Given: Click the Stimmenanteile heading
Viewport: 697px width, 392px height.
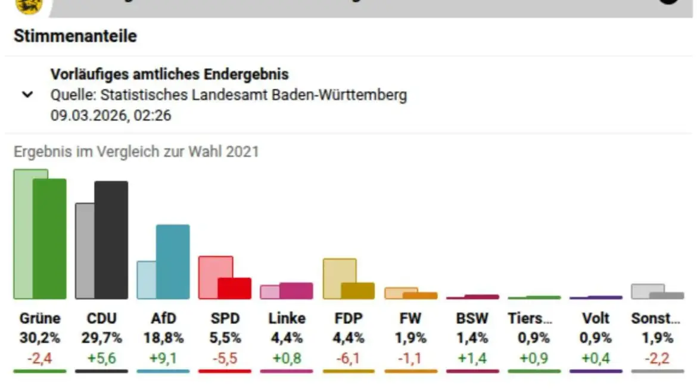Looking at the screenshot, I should [x=75, y=36].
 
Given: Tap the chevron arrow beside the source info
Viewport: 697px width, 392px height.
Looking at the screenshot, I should [x=27, y=95].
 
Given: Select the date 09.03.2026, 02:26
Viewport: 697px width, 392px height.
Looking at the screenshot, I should [x=111, y=115].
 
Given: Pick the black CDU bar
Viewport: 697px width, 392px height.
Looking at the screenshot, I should [x=111, y=239].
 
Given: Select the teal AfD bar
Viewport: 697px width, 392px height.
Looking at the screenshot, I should [x=173, y=262].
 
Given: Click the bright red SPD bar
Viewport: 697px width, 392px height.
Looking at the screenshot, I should [x=235, y=288].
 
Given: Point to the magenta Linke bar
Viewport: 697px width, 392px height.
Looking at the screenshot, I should [x=296, y=291].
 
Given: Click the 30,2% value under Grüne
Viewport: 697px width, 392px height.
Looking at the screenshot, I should [x=40, y=338].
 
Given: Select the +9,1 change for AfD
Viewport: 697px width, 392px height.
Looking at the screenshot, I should [x=163, y=358].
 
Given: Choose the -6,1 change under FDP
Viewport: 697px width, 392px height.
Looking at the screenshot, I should [x=348, y=358].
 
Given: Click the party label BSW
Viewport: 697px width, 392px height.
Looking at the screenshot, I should [x=472, y=318].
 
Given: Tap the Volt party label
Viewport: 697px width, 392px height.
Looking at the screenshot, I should [x=595, y=318].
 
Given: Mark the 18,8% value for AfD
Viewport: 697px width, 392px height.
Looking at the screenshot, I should [x=163, y=338].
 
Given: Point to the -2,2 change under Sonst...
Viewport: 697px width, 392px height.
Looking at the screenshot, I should [x=657, y=358].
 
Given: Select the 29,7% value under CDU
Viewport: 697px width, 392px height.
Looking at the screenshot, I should [x=101, y=338].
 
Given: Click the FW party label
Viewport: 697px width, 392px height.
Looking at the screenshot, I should [x=410, y=318].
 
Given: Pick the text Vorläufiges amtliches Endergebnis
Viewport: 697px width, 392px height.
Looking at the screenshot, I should [x=170, y=74].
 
